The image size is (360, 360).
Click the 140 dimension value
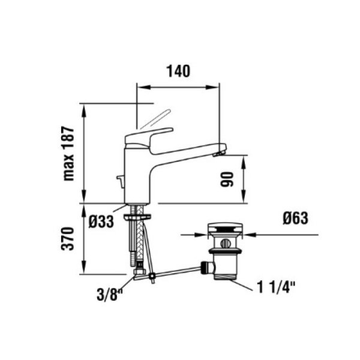pyautogui.click(x=178, y=71)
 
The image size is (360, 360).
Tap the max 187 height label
pyautogui.click(x=68, y=154)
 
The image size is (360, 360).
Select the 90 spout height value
pyautogui.click(x=227, y=179)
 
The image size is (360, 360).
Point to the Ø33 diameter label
pyautogui.click(x=101, y=221)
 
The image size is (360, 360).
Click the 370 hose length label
pyautogui.click(x=68, y=239)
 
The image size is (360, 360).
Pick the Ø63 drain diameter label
pyautogui.click(x=295, y=218)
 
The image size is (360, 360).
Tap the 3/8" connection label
pyautogui.click(x=110, y=295)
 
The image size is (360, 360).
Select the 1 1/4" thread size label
pyautogui.click(x=276, y=287)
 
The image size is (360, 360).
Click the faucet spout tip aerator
pyautogui.click(x=219, y=154)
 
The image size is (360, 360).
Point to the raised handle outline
pyautogui.click(x=155, y=119)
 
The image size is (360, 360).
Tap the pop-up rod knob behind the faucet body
pyautogui.click(x=121, y=181)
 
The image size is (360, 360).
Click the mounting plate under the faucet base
pyautogui.click(x=137, y=216)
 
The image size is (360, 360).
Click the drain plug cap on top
pyautogui.click(x=225, y=228)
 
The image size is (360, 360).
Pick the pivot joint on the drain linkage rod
pyautogui.click(x=152, y=276)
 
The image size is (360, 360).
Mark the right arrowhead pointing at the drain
pyautogui.click(x=250, y=235)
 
